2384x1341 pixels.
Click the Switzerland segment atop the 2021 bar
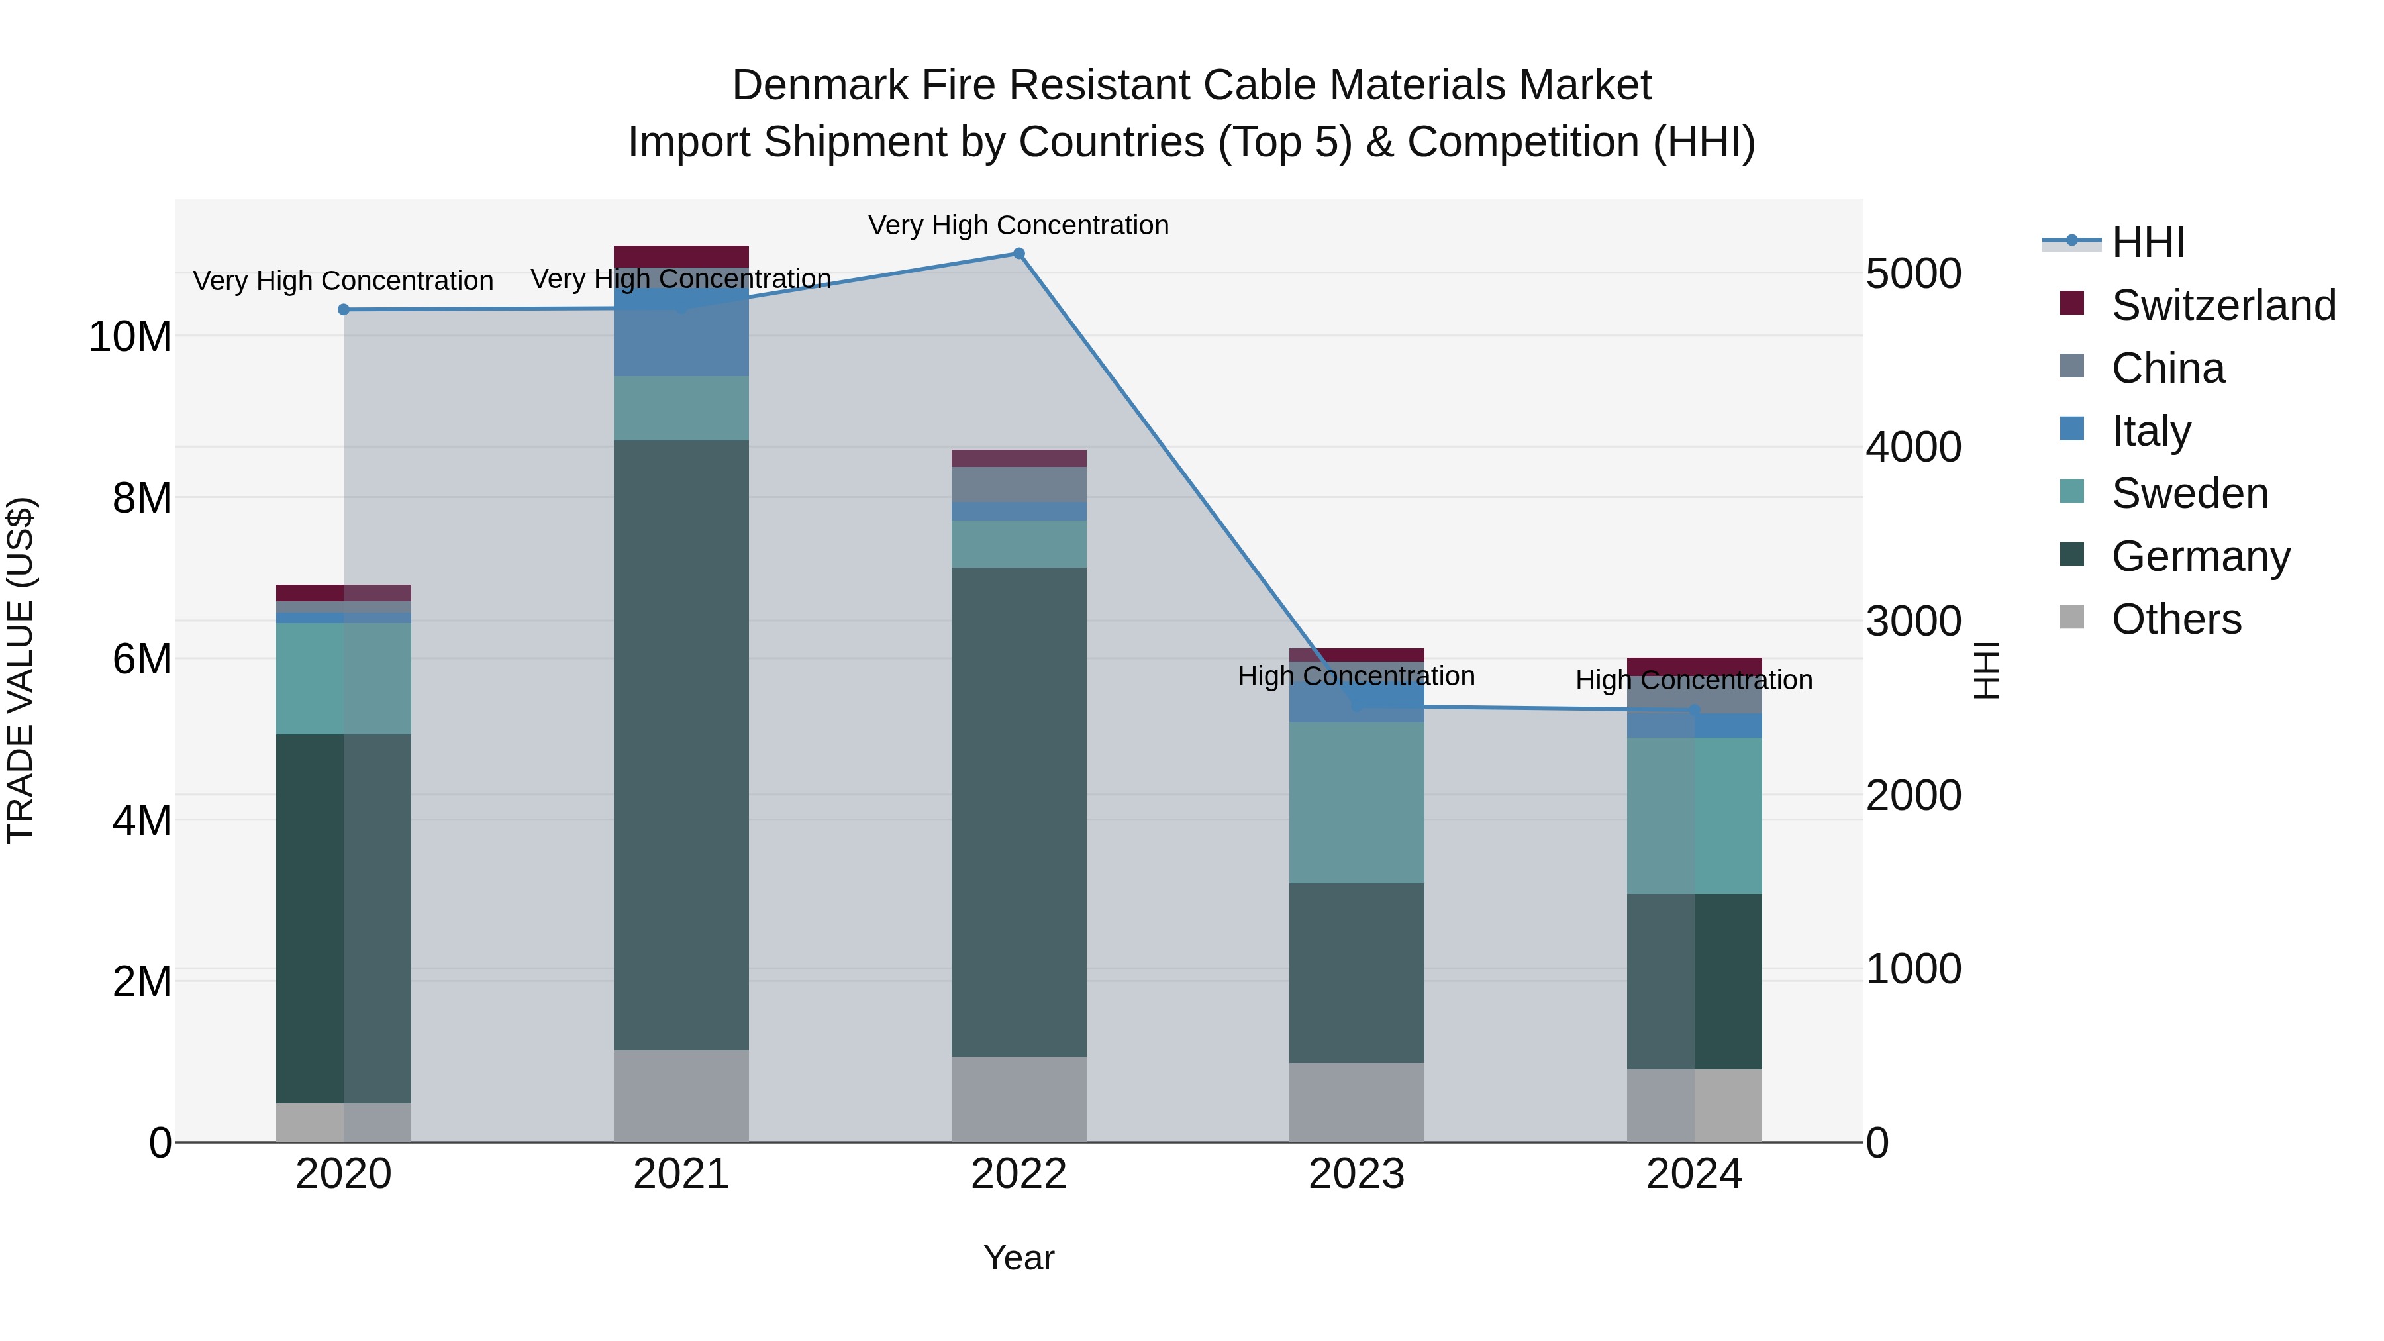(681, 256)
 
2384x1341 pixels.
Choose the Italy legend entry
(2151, 431)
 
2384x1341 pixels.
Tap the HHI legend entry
(2147, 242)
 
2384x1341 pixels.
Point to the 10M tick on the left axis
(130, 337)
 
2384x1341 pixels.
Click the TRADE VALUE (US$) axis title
(21, 670)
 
